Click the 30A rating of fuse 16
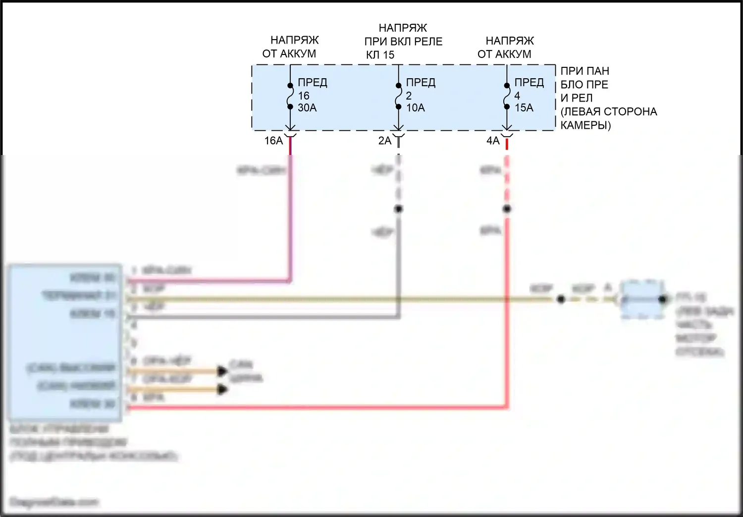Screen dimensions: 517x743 (x=307, y=108)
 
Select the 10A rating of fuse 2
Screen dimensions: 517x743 (x=416, y=108)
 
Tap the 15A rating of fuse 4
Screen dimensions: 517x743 (x=524, y=108)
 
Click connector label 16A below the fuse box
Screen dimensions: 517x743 (x=273, y=141)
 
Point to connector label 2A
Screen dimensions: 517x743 (x=385, y=141)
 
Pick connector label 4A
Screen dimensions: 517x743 (x=493, y=141)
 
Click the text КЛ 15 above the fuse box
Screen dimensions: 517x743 (x=380, y=55)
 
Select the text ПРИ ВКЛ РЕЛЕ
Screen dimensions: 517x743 (x=403, y=42)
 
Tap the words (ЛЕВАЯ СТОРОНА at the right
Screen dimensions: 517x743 (x=609, y=112)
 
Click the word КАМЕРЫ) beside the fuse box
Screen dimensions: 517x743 (x=585, y=125)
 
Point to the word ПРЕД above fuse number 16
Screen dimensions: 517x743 (x=313, y=82)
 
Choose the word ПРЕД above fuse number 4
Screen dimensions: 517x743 (x=529, y=82)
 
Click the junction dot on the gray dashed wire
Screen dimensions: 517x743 (x=398, y=209)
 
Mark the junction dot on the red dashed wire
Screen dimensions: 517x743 (x=507, y=209)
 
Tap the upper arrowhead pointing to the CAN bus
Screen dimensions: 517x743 (x=222, y=371)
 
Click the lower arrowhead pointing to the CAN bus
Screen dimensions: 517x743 (x=222, y=390)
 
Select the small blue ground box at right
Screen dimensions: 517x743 (x=642, y=299)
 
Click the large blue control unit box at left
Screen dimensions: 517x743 (x=64, y=342)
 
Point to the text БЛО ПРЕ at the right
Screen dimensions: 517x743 (x=584, y=85)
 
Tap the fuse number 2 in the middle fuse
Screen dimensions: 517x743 (x=409, y=96)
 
